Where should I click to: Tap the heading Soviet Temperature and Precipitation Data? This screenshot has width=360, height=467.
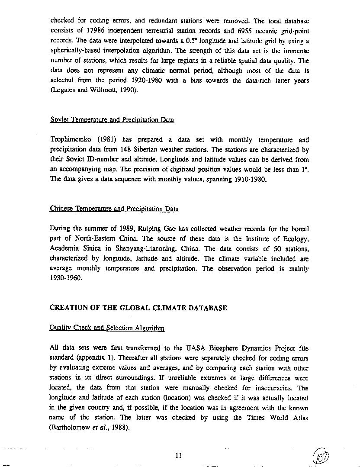click(x=112, y=120)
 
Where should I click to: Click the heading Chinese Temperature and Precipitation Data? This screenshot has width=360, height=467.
click(x=114, y=209)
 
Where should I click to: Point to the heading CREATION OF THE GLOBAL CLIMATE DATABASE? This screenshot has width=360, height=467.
click(x=138, y=308)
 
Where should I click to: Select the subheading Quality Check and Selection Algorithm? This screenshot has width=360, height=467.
click(x=107, y=328)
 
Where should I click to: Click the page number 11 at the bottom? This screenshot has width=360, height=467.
click(x=178, y=455)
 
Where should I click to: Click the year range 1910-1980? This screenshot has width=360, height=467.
click(x=250, y=179)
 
